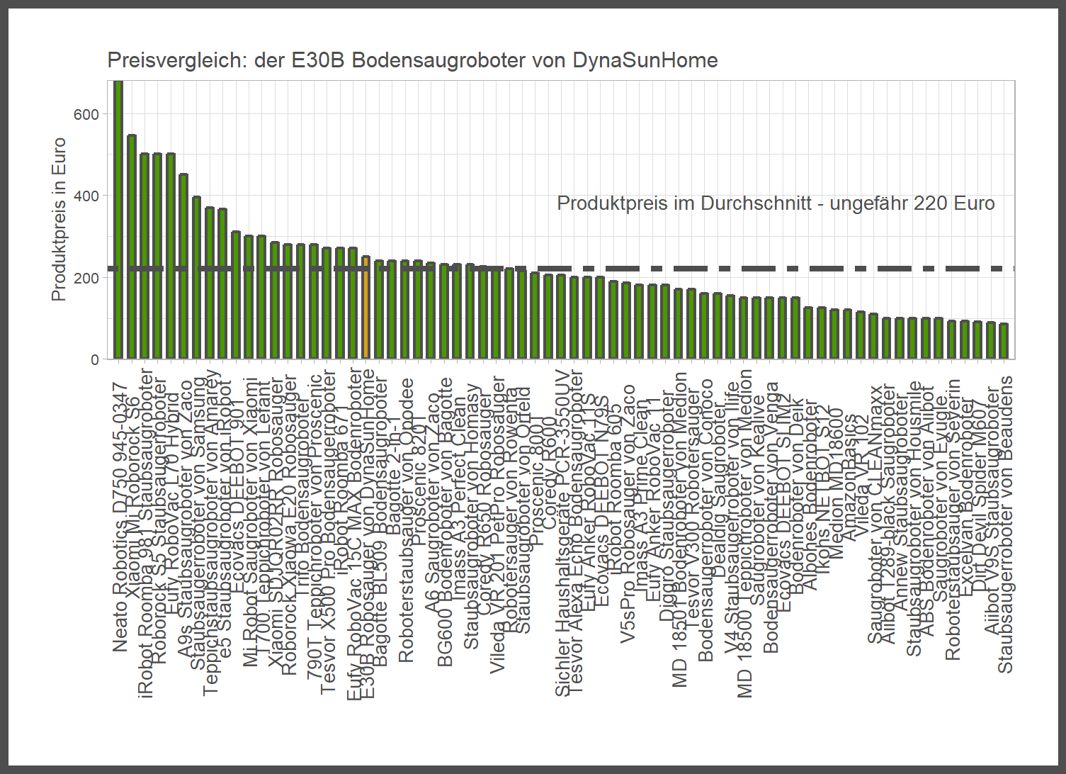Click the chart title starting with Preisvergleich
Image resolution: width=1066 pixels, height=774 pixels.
(412, 60)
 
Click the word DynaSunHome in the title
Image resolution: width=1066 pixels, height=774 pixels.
(645, 60)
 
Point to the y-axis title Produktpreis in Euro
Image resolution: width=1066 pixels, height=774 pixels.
(59, 219)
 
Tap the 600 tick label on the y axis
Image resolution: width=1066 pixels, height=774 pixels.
(86, 115)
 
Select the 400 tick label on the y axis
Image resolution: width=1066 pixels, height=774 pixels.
(86, 196)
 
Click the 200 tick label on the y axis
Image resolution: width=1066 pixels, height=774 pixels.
(86, 278)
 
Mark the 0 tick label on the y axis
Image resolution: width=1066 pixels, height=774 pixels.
(95, 359)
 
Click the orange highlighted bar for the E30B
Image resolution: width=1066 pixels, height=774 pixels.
(366, 308)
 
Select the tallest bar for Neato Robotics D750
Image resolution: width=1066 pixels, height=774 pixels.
(118, 220)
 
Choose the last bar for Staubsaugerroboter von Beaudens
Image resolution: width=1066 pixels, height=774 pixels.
(1003, 341)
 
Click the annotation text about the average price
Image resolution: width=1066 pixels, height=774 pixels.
(776, 203)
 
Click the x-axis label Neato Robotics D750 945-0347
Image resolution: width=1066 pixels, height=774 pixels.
(120, 517)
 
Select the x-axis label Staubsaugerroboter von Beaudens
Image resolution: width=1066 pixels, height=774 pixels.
(1005, 525)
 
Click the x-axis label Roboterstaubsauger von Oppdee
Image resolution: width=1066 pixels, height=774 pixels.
(406, 521)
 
